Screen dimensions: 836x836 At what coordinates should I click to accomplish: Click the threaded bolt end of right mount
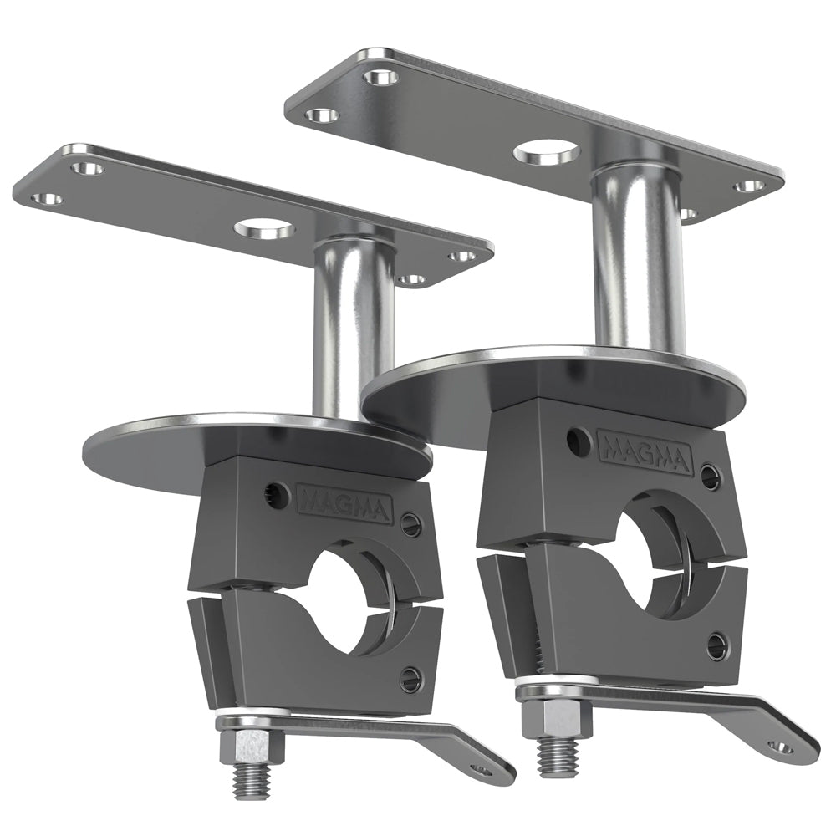(x=552, y=757)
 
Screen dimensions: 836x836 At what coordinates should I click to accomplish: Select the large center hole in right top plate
(x=548, y=153)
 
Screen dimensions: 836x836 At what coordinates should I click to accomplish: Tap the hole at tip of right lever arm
(x=782, y=747)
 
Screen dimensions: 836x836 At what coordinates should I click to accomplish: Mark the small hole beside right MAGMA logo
(x=576, y=439)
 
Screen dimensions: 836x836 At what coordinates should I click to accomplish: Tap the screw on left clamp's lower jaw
(x=409, y=677)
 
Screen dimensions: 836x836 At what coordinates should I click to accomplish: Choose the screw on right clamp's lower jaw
(x=715, y=645)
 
